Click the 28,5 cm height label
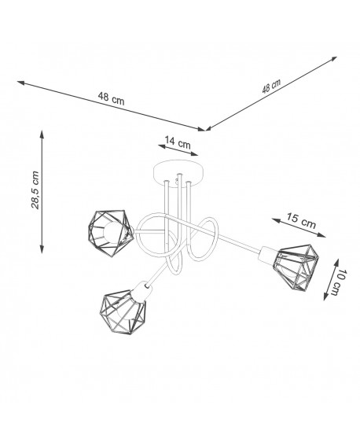click(x=35, y=190)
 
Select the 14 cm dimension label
click(x=178, y=142)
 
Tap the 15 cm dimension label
click(x=301, y=220)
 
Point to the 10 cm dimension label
click(x=340, y=282)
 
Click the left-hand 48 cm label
click(x=111, y=98)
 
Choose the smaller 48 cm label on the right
click(x=271, y=86)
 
